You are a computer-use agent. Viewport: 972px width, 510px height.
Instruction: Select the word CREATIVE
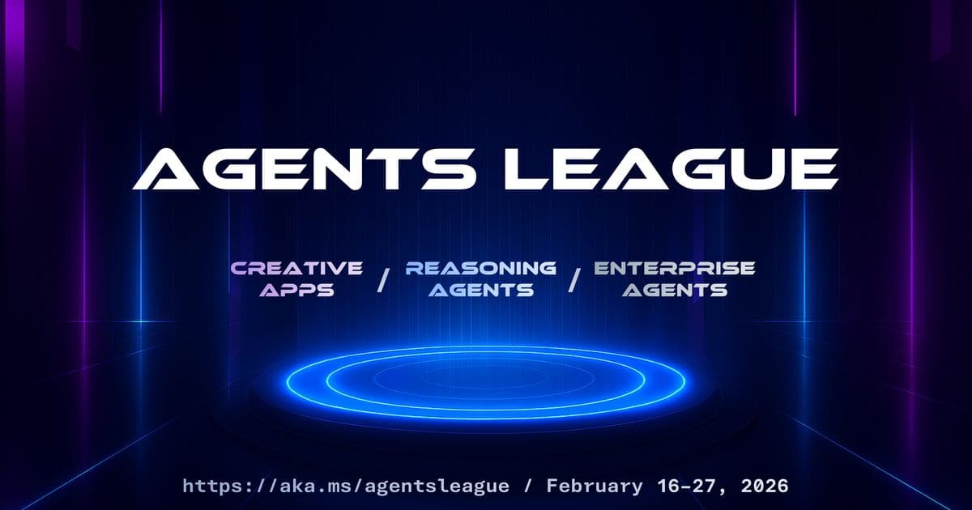(x=296, y=268)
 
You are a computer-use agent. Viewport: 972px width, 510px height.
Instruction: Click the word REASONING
(x=481, y=268)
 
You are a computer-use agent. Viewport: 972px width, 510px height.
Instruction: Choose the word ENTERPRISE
(x=674, y=268)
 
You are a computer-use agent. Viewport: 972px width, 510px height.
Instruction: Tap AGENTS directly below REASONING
(x=481, y=289)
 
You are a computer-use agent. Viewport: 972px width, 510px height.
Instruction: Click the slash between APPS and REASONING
(x=384, y=280)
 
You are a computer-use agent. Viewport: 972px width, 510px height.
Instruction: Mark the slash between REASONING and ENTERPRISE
(x=574, y=280)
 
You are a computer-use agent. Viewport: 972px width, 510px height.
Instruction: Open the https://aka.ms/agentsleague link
(x=346, y=487)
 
